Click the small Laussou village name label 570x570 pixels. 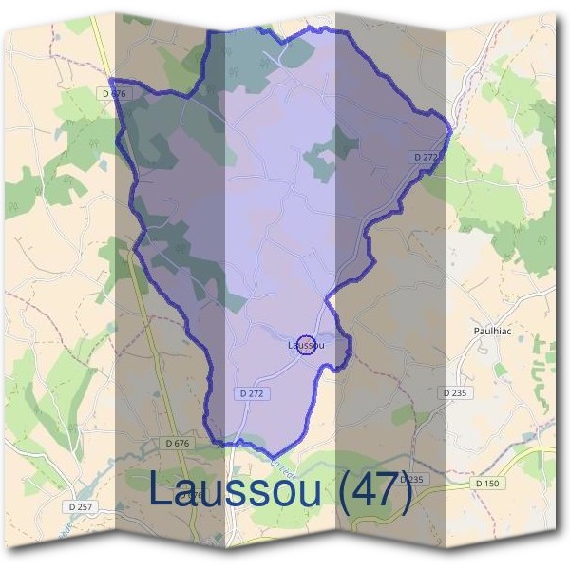point(305,346)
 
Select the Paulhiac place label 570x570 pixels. point(493,331)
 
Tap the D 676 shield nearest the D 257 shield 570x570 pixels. point(178,443)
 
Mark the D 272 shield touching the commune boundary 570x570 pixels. point(427,156)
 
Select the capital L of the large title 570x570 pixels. point(160,490)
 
